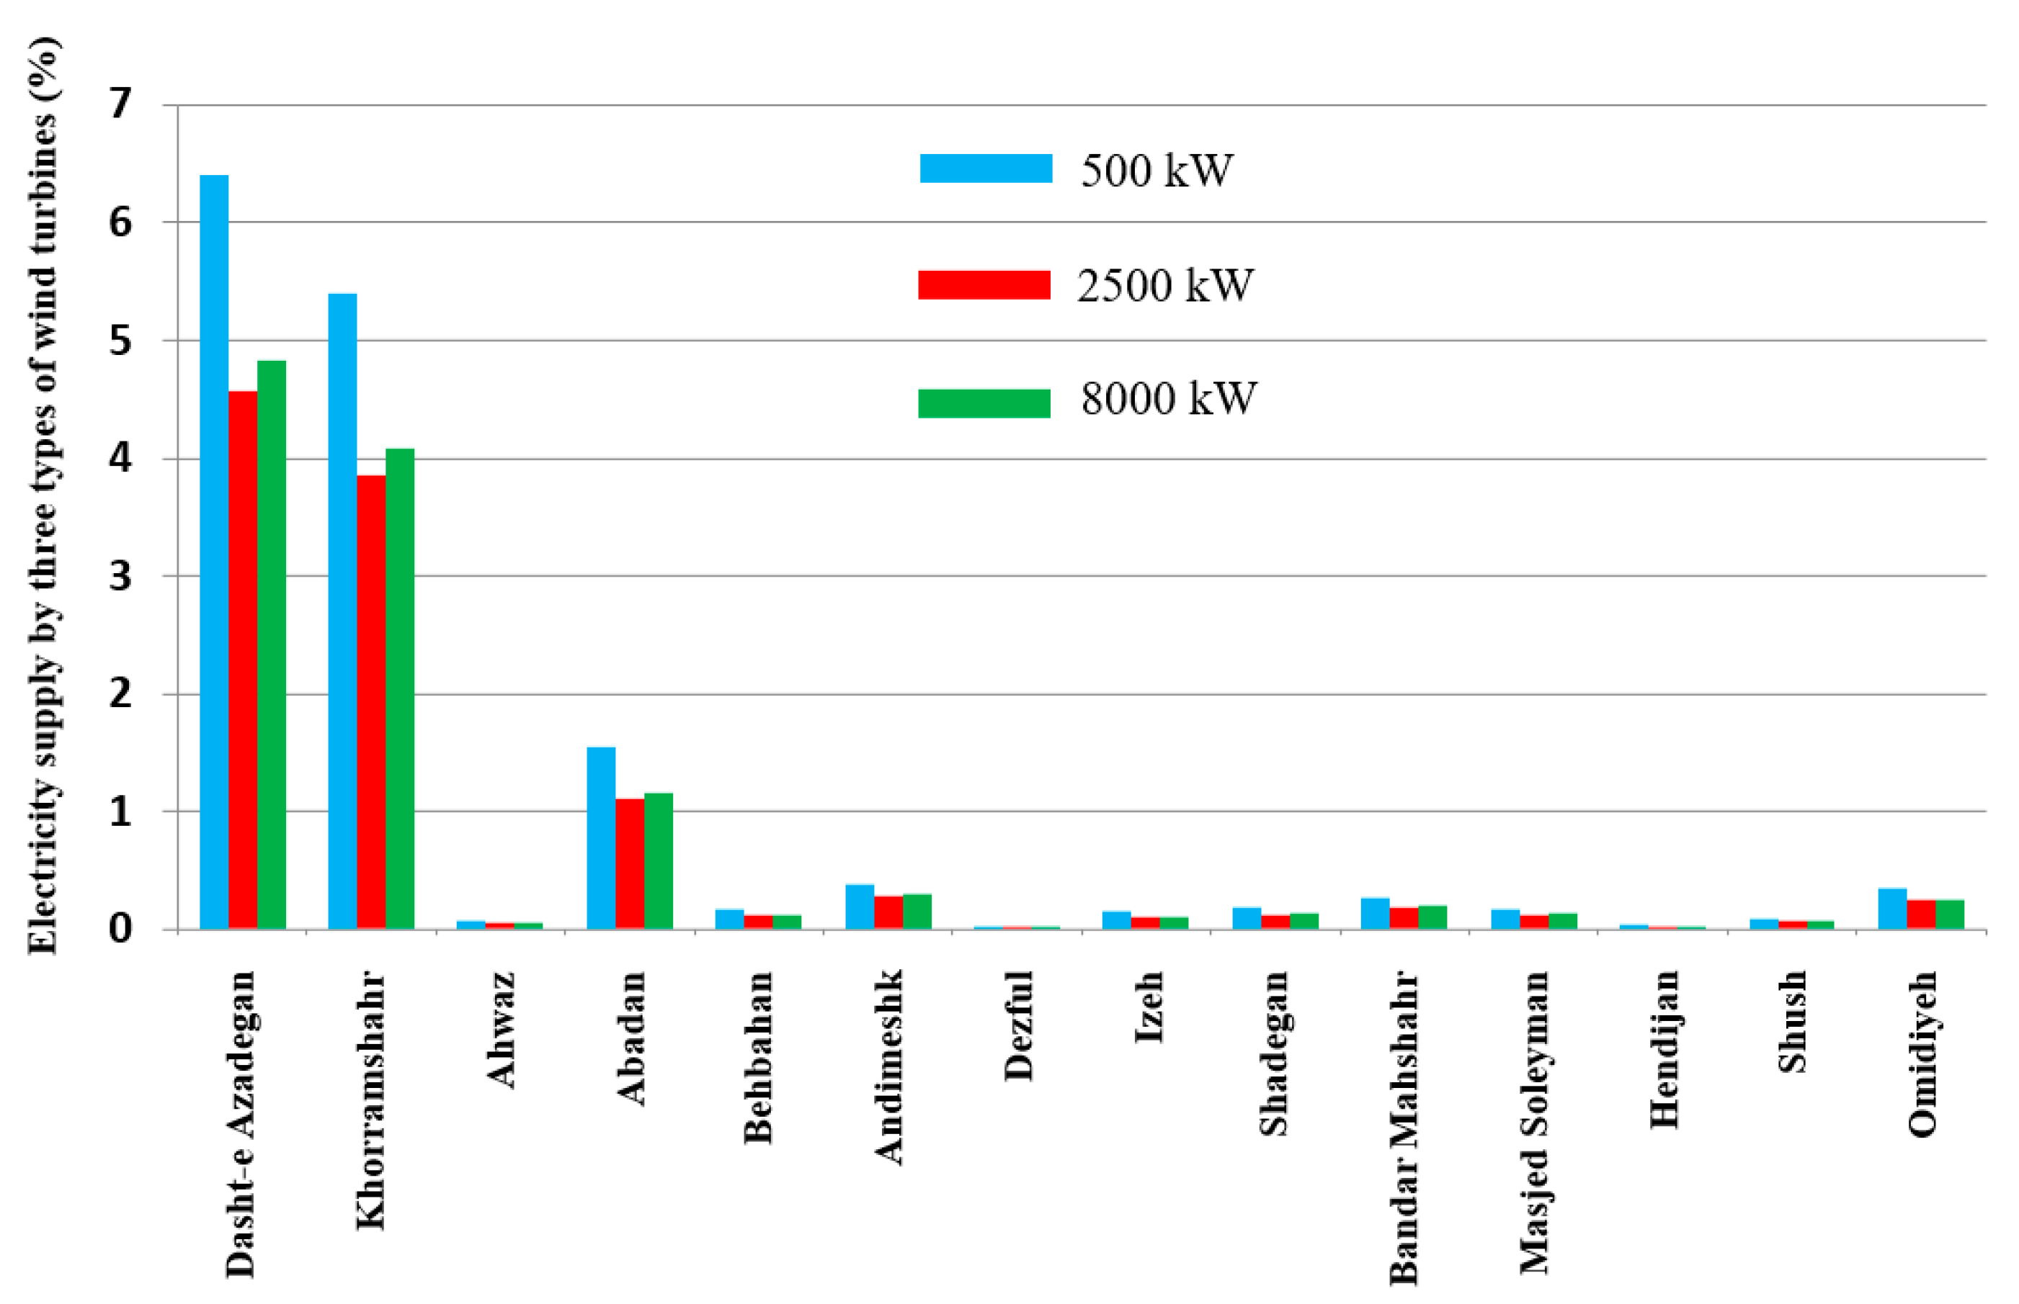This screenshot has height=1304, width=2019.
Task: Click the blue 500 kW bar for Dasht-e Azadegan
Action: click(x=213, y=550)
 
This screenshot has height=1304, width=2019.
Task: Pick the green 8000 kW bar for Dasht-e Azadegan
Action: click(x=271, y=644)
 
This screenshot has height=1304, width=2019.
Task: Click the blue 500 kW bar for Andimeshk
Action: click(x=859, y=906)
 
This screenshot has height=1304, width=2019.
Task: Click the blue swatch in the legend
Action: click(x=985, y=168)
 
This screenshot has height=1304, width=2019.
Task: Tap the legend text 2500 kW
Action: click(x=1164, y=285)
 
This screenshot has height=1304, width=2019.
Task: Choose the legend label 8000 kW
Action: click(x=1167, y=398)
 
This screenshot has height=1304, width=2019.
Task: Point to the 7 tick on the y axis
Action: click(x=121, y=104)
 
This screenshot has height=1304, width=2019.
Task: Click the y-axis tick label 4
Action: click(x=121, y=458)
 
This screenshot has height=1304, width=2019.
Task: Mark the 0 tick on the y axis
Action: click(x=121, y=929)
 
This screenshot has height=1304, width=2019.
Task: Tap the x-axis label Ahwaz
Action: click(x=501, y=1030)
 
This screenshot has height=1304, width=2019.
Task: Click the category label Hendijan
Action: click(x=1663, y=1050)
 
